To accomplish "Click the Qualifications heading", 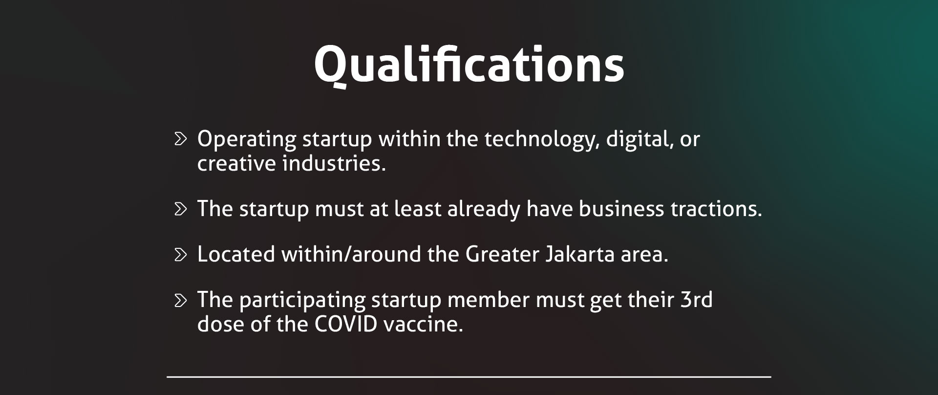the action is pyautogui.click(x=469, y=66).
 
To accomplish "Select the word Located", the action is pyautogui.click(x=236, y=255).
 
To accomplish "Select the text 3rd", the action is pyautogui.click(x=696, y=300).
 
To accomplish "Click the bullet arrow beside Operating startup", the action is pyautogui.click(x=181, y=139).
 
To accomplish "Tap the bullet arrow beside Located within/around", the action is pyautogui.click(x=181, y=255).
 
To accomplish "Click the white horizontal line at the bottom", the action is pyautogui.click(x=469, y=377).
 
